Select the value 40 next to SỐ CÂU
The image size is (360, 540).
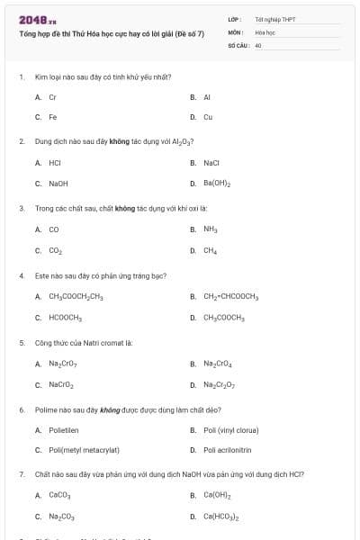coord(258,44)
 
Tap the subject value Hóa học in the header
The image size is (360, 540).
coord(264,31)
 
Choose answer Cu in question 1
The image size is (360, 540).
coord(207,117)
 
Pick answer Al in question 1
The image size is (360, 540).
coord(206,96)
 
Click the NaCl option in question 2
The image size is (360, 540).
coord(211,163)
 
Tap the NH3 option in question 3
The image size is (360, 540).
coord(210,229)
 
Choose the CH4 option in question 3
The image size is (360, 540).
coord(210,250)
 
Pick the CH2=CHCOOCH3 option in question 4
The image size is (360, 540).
coord(230,296)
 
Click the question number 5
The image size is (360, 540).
coord(22,343)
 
